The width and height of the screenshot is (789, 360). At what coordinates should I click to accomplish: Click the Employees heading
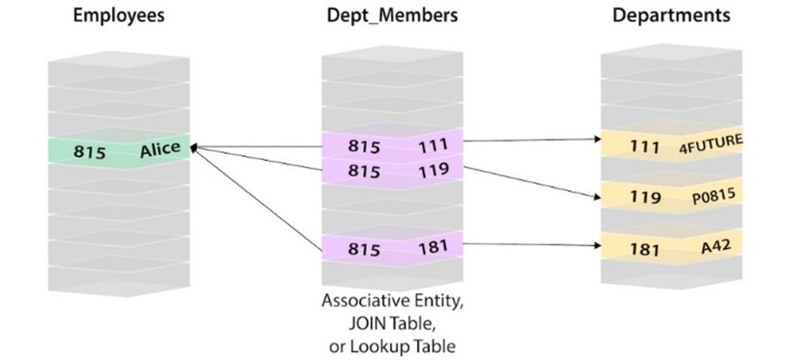(x=119, y=16)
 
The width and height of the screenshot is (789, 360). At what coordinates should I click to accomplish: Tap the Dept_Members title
(x=393, y=16)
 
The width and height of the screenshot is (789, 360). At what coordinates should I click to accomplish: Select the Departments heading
(x=671, y=16)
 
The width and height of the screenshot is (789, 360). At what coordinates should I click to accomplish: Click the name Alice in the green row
(x=160, y=149)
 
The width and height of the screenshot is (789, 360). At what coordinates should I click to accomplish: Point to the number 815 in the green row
(x=90, y=151)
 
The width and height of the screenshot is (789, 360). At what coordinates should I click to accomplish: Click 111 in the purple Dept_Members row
(x=433, y=146)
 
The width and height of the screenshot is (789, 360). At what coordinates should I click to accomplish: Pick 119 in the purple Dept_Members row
(x=434, y=170)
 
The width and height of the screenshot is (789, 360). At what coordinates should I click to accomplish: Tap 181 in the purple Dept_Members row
(x=434, y=247)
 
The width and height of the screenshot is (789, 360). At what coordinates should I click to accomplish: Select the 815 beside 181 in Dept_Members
(x=363, y=249)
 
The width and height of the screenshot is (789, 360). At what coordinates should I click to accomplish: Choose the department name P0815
(x=713, y=196)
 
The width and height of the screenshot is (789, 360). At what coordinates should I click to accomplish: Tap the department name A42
(x=715, y=246)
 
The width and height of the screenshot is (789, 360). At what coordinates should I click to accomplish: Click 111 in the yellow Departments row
(x=644, y=147)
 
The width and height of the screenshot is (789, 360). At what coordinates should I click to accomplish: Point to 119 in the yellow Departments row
(x=645, y=196)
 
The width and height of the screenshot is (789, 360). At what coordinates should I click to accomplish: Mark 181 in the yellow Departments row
(x=644, y=248)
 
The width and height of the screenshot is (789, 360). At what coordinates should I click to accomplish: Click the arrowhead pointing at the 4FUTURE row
(x=598, y=139)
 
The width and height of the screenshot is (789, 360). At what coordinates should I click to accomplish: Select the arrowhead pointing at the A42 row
(x=598, y=245)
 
